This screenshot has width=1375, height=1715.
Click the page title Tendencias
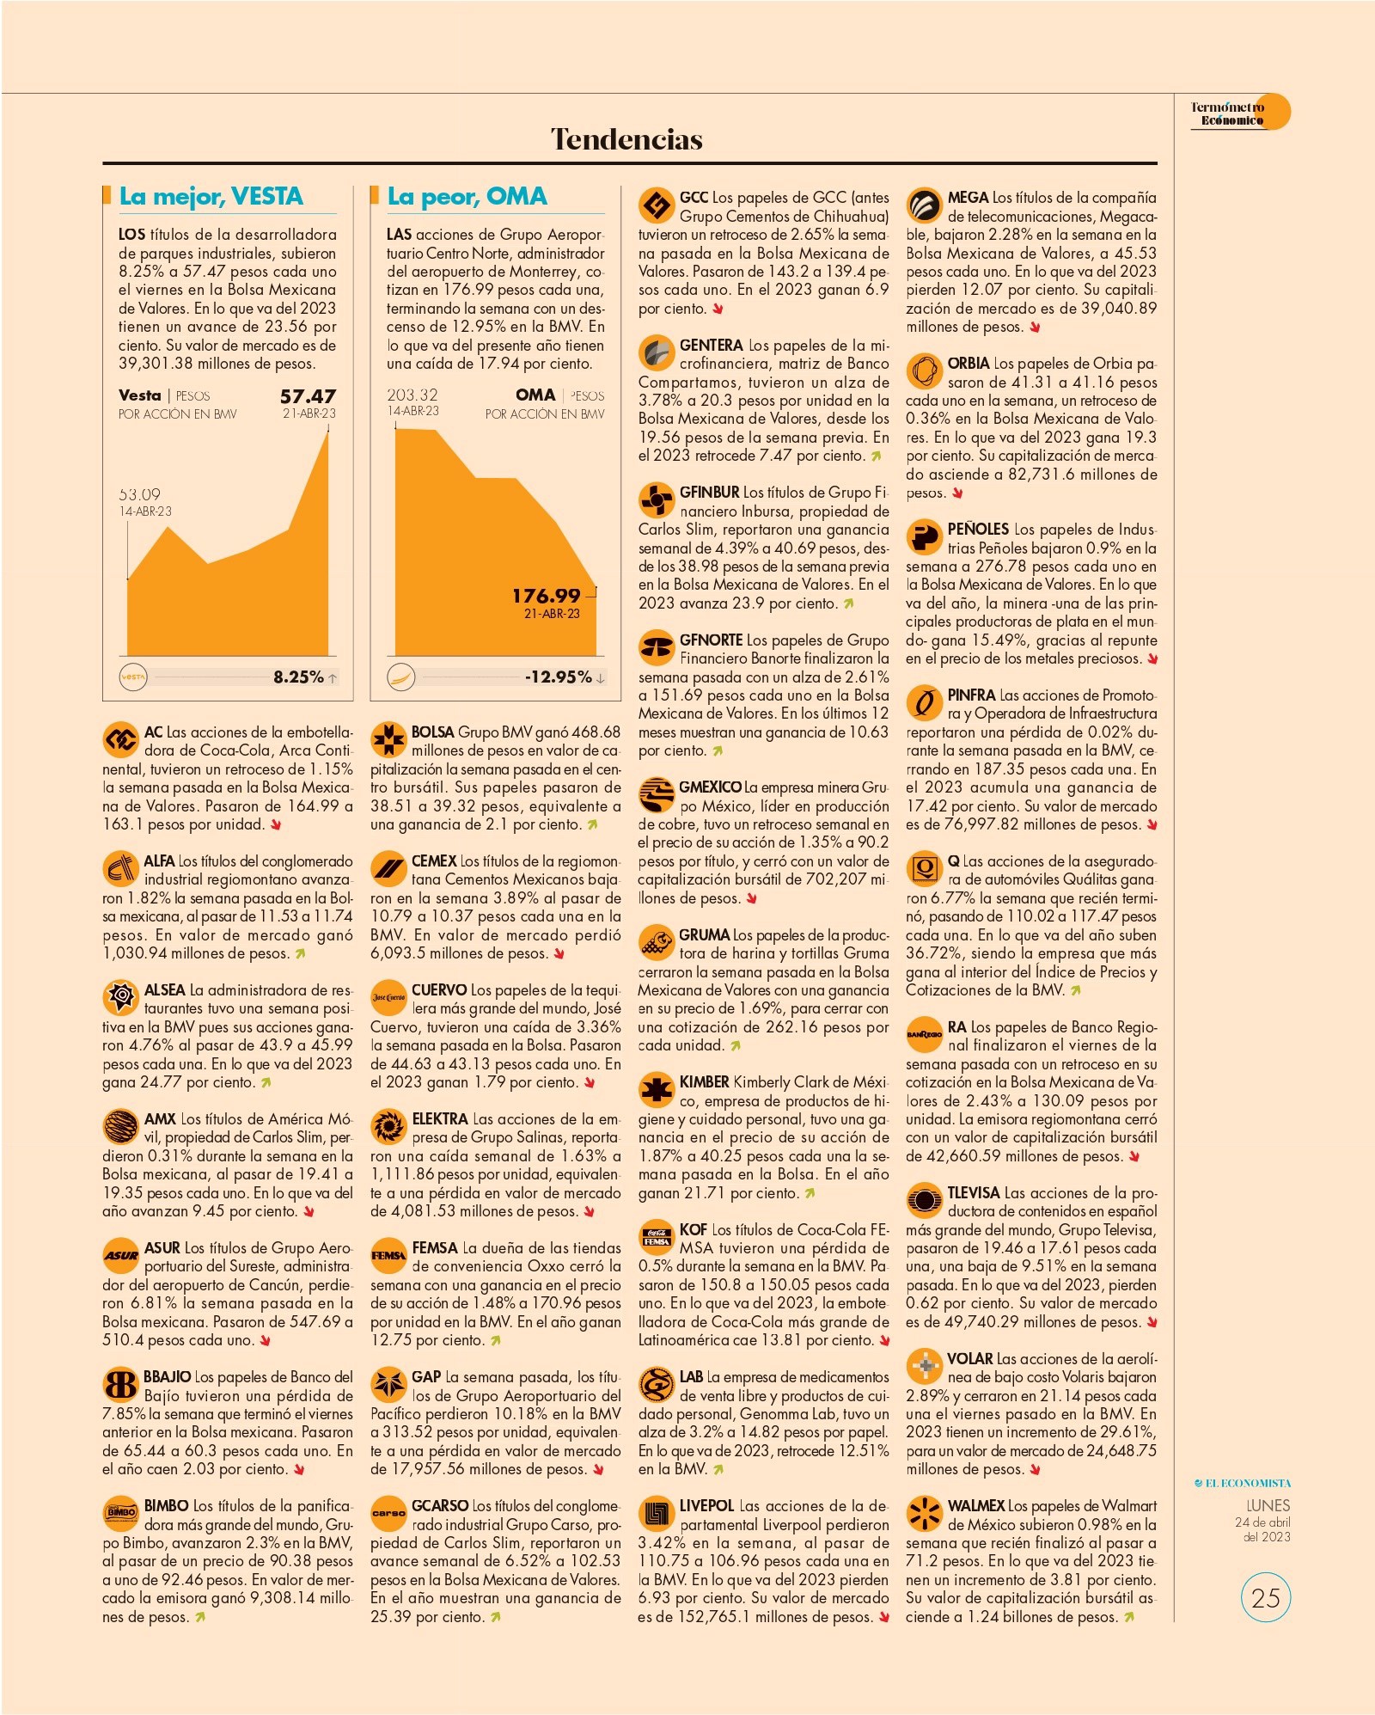[626, 139]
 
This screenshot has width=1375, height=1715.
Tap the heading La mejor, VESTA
[211, 197]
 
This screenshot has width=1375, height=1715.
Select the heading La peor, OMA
[467, 197]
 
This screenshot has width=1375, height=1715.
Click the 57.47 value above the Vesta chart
[308, 396]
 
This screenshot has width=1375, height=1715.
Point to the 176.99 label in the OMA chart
[547, 596]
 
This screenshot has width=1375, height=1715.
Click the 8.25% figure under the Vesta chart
[298, 677]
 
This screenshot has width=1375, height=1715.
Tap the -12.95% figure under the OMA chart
[559, 677]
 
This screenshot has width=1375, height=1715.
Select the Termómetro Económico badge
[1240, 113]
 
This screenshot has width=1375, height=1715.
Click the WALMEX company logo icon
[925, 1514]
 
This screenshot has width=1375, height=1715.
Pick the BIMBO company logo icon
[120, 1514]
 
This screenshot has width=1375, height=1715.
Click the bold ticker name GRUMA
[705, 935]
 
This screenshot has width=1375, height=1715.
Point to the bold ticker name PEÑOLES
[978, 530]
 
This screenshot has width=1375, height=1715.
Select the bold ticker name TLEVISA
[974, 1193]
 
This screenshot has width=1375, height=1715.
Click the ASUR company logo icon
[120, 1256]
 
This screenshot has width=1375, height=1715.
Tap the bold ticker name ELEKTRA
[440, 1119]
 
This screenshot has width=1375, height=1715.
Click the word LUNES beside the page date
[1268, 1505]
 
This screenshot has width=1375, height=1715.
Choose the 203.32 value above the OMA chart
[412, 395]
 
